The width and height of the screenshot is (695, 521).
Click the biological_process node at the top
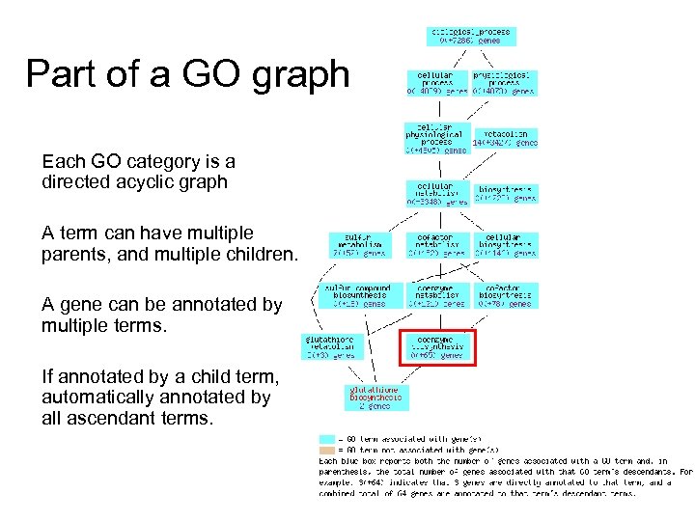[x=470, y=36]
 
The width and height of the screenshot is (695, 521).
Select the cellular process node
[x=439, y=82]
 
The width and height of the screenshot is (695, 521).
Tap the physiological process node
[x=504, y=82]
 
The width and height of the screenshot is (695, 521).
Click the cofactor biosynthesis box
[x=507, y=296]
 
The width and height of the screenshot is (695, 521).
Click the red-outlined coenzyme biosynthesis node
[x=438, y=346]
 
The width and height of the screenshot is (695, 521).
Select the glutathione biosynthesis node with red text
[x=375, y=398]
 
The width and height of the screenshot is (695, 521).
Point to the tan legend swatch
[x=327, y=450]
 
